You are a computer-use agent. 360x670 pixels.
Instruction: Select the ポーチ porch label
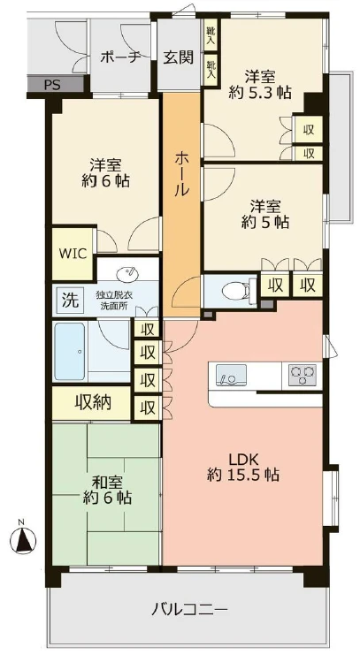pos(120,57)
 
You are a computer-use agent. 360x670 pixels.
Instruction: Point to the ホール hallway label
pos(181,173)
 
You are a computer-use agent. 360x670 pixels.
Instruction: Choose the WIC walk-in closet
pos(73,252)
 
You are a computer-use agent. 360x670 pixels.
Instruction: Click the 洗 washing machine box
pos(68,299)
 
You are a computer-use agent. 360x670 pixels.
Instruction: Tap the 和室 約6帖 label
pos(108,490)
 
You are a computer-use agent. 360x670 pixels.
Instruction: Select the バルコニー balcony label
pos(189,609)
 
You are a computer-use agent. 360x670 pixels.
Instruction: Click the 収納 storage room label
pos(92,404)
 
